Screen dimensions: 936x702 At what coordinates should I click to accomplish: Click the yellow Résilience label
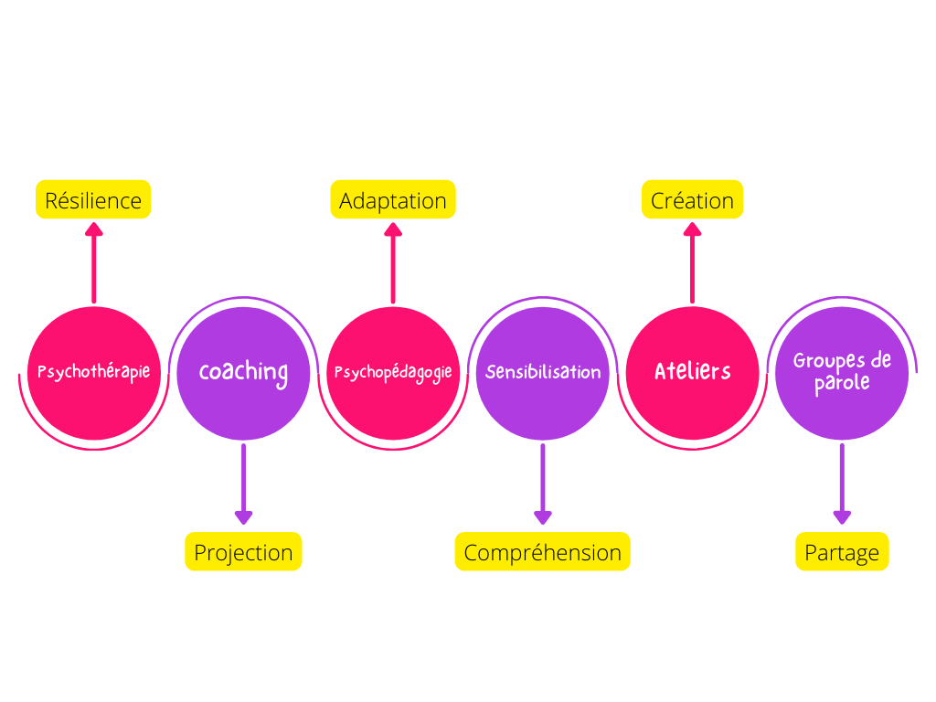tap(93, 199)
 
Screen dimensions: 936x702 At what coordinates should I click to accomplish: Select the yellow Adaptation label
tap(393, 199)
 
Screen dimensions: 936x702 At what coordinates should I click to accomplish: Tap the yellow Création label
tap(693, 199)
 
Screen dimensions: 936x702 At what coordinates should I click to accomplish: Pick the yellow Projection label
tap(243, 551)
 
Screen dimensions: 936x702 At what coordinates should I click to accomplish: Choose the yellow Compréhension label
tap(543, 551)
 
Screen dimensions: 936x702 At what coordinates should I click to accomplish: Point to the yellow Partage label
tap(842, 551)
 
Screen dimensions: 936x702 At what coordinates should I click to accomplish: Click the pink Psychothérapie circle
tap(94, 373)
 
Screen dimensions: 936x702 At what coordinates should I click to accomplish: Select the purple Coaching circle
tap(243, 373)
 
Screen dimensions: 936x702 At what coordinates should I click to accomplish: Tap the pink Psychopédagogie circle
tap(393, 373)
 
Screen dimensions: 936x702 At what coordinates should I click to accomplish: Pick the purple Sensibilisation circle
tap(543, 373)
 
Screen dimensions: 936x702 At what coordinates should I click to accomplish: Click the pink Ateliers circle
tap(693, 373)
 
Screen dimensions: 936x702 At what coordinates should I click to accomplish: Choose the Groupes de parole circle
tap(842, 373)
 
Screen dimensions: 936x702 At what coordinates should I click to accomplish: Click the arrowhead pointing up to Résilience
tap(94, 229)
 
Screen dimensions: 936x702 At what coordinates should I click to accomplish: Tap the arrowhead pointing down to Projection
tap(243, 517)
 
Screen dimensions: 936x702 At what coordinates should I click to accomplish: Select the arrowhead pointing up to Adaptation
tap(393, 229)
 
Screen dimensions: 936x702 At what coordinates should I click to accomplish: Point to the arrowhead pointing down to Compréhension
tap(543, 517)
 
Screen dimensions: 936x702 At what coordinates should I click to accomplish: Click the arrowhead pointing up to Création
tap(693, 229)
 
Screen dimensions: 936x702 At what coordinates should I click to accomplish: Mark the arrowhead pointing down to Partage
tap(842, 517)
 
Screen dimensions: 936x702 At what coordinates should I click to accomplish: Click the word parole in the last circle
tap(842, 383)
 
